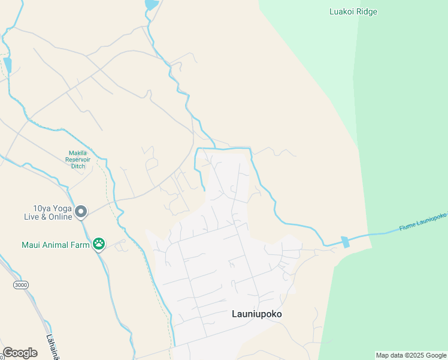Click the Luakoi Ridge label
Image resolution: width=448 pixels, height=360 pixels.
353,11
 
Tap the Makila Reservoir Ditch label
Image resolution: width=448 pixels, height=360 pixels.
79,159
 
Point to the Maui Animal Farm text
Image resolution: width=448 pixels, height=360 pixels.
56,245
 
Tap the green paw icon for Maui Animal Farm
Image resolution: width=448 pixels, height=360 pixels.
99,244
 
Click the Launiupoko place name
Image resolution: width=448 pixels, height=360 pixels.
256,314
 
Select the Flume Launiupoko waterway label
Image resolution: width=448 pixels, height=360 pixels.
423,222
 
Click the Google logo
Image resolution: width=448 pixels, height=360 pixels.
20,353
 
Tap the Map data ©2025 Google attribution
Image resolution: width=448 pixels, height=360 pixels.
411,355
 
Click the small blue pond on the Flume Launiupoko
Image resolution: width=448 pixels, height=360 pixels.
344,242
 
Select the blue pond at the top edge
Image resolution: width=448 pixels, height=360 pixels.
152,4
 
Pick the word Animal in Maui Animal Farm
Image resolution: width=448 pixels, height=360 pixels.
57,245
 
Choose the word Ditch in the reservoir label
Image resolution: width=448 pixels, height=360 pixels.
78,166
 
